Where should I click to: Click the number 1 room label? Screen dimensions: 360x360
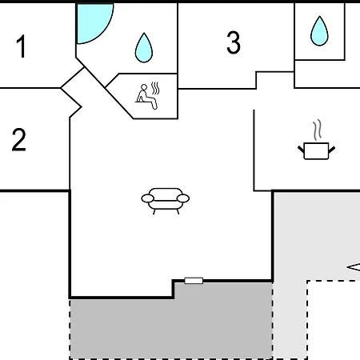point(21,46)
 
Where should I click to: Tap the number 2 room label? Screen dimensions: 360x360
point(19,140)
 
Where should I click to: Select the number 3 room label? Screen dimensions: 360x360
point(234,42)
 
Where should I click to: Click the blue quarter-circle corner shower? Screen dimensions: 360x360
point(92,22)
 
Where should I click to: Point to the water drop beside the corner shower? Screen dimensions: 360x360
point(144,48)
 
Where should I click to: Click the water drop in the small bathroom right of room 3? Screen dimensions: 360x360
point(319,31)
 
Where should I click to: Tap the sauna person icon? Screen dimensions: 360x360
point(146,97)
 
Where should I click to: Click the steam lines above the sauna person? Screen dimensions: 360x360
point(155,88)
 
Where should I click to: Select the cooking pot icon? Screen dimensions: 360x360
point(316,151)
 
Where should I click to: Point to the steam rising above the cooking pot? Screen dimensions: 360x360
point(317,130)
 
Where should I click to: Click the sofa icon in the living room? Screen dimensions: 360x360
point(166,201)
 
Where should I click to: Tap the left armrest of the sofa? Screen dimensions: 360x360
point(147,198)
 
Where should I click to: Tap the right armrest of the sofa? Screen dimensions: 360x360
point(183,198)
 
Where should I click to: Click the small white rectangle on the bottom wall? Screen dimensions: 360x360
point(194,281)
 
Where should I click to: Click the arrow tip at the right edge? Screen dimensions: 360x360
point(347,267)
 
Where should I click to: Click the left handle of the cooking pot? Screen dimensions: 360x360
point(301,149)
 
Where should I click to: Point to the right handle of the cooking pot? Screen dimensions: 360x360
point(332,150)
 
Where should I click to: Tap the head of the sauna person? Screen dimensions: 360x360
point(144,87)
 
